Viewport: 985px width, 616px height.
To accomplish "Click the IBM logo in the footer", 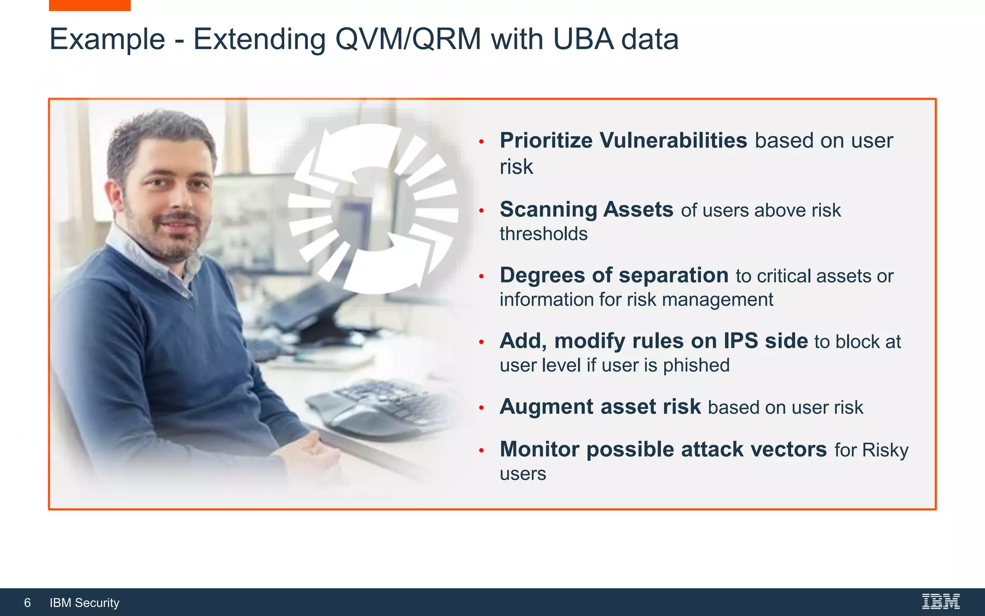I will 940,602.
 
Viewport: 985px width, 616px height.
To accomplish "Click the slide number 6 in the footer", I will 27,603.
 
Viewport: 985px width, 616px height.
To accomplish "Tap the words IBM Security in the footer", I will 85,603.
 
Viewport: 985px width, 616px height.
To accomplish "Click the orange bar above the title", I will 89,5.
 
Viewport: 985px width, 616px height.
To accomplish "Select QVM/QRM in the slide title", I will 408,39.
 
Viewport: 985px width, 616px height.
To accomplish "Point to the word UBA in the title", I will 583,39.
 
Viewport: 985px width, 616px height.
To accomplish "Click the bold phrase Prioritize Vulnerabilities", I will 623,141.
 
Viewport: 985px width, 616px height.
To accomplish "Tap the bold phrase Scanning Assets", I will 586,209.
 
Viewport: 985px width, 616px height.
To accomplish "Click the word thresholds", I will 543,234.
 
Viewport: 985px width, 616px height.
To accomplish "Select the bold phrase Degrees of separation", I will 614,275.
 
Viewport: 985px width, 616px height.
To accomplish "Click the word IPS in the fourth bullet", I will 741,341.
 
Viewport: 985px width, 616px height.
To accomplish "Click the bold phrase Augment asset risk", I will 600,407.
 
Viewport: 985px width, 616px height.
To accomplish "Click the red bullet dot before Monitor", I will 481,450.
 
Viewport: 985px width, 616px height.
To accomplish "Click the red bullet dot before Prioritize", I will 481,141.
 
